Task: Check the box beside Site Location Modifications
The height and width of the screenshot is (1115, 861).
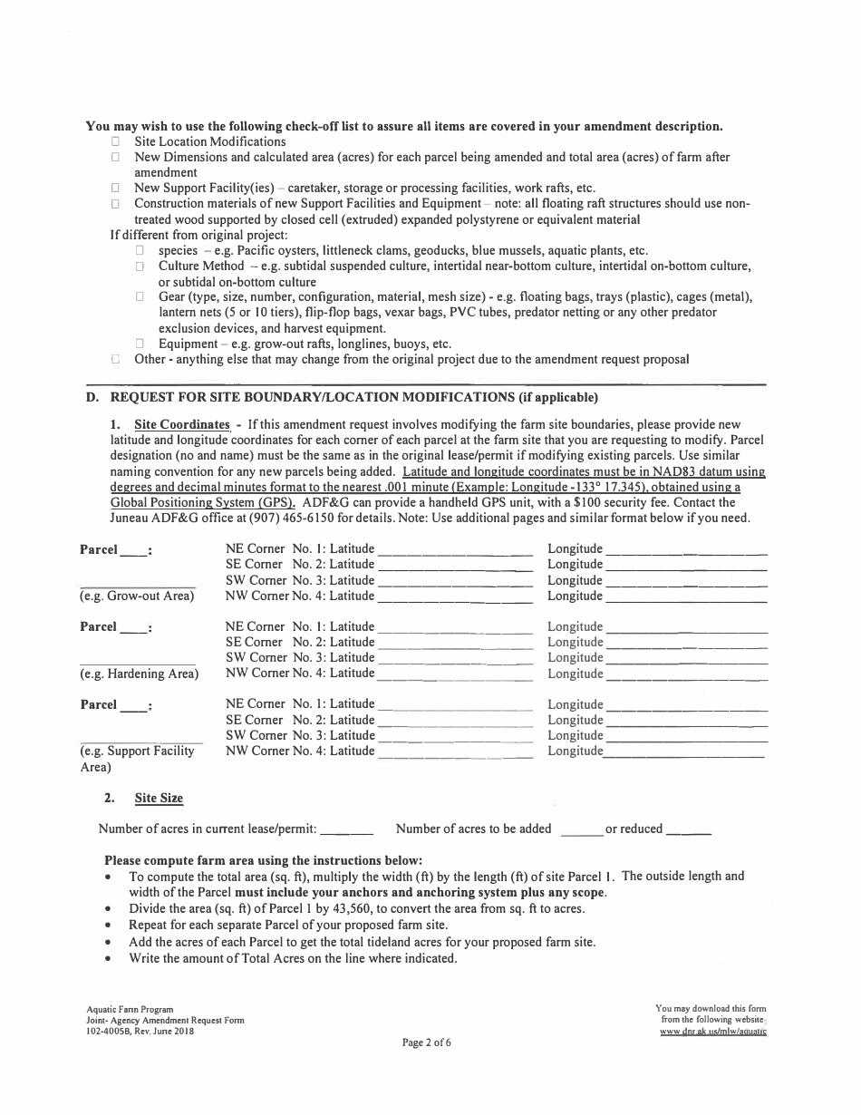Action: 115,142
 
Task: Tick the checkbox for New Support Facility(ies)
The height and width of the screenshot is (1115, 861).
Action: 115,188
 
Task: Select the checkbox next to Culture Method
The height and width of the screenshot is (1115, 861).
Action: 140,267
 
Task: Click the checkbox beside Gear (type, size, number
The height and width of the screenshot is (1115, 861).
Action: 140,297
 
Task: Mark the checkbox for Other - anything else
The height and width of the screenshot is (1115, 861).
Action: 115,359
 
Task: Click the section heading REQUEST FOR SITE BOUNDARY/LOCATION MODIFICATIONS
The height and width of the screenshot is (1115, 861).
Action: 353,397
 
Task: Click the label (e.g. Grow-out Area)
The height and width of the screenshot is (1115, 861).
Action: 137,596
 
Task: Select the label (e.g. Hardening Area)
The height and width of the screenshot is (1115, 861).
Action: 139,674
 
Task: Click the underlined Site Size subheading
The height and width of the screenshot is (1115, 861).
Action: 159,799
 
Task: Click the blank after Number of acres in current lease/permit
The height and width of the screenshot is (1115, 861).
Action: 347,830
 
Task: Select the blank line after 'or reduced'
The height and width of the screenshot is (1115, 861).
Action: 689,830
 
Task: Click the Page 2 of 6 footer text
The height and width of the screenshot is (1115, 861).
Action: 427,1042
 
